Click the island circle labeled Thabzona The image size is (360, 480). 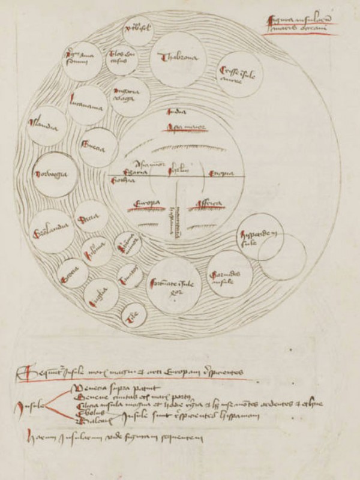coord(178,58)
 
